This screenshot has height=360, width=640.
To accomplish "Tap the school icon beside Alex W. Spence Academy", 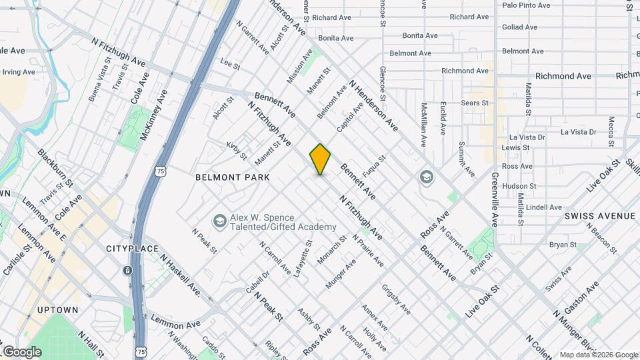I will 219,221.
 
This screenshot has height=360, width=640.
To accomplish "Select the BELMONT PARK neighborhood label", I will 232,177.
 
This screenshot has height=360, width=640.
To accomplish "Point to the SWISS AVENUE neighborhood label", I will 600,216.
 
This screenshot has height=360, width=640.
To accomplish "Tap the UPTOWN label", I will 58,310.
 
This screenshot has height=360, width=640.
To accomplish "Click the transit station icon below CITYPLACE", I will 127,271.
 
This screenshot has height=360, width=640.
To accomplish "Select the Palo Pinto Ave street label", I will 526,5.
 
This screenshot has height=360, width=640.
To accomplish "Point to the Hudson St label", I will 519,186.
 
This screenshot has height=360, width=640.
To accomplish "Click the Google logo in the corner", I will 22,352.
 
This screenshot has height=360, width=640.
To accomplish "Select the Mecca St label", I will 611,131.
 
